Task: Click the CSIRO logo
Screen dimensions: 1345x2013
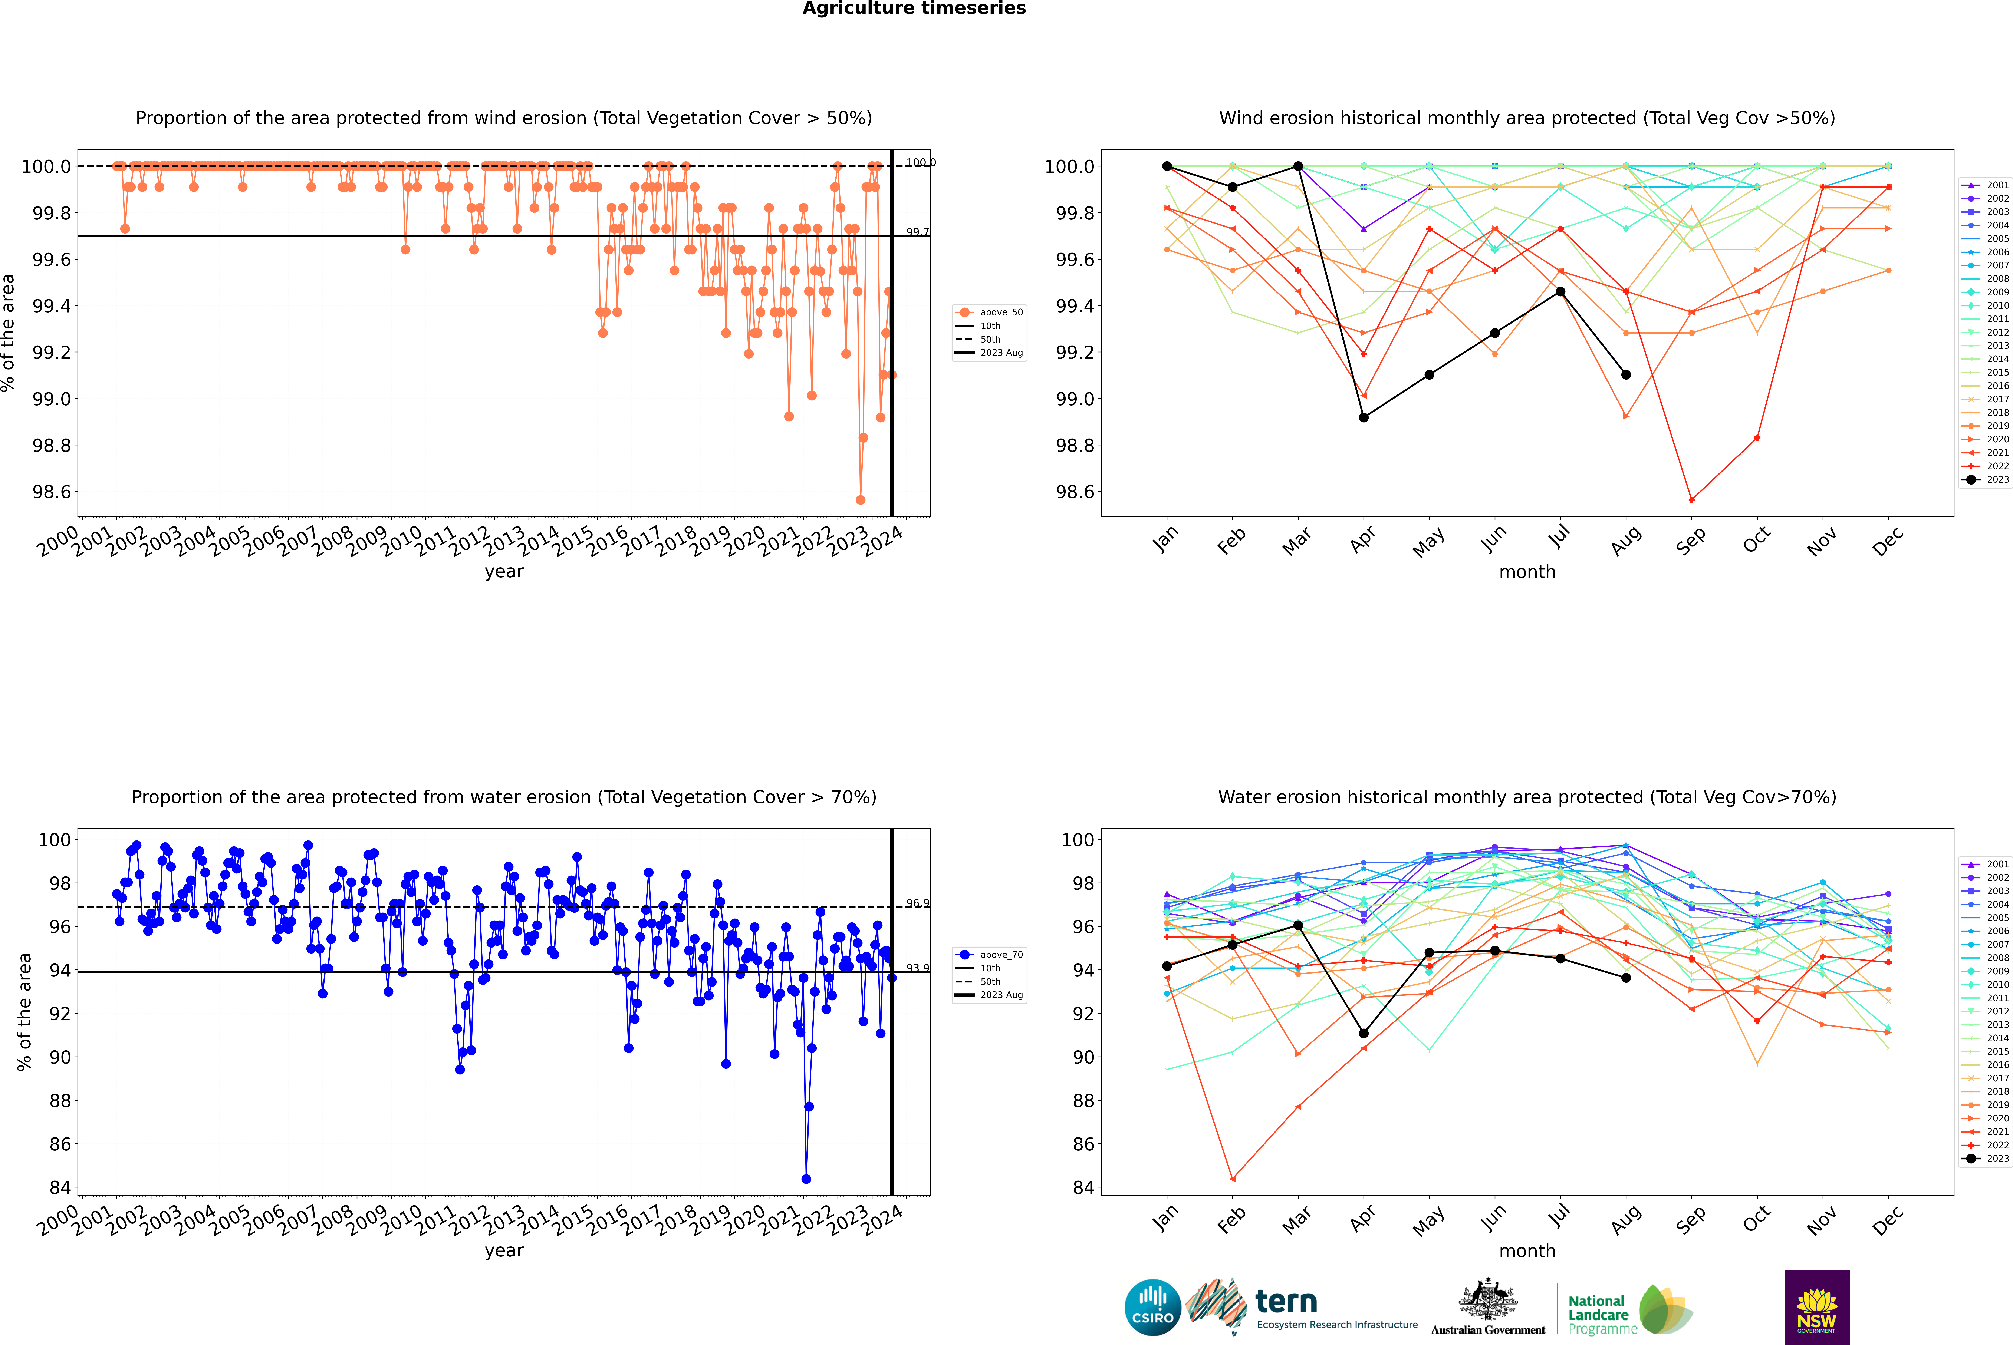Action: [1152, 1307]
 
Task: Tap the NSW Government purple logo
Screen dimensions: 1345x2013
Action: [1816, 1307]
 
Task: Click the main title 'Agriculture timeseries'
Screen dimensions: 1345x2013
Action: [914, 9]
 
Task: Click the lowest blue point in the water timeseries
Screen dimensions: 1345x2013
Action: [806, 1179]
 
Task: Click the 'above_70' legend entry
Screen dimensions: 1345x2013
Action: [991, 955]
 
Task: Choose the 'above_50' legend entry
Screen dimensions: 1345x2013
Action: [991, 312]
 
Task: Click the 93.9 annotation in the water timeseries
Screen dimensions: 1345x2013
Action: [917, 968]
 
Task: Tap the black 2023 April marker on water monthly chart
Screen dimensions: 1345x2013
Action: [1364, 1034]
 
